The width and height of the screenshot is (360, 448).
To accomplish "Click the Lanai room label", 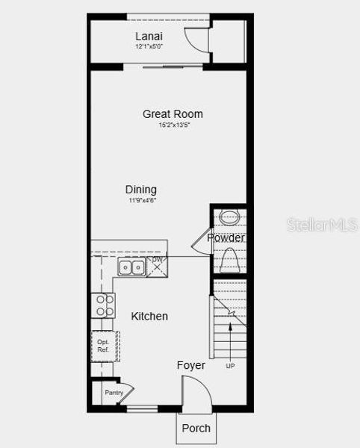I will pyautogui.click(x=149, y=36).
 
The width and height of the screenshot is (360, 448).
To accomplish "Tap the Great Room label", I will pyautogui.click(x=173, y=114).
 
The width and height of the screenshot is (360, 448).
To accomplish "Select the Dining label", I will pyautogui.click(x=140, y=190).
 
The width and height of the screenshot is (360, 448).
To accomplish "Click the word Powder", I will pyautogui.click(x=226, y=238).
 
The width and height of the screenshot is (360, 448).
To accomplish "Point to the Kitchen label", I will pyautogui.click(x=149, y=316).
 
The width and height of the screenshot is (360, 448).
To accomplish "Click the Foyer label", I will pyautogui.click(x=190, y=365).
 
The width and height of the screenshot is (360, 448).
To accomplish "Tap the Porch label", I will pyautogui.click(x=196, y=429).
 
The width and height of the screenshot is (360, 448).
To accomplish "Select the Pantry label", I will pyautogui.click(x=114, y=393).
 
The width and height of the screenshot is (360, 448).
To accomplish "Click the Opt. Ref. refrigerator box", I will pyautogui.click(x=103, y=346).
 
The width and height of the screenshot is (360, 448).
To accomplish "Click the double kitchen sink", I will pyautogui.click(x=131, y=267).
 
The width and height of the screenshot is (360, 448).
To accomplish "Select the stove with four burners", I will pyautogui.click(x=103, y=305).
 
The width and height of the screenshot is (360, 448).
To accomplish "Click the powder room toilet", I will pyautogui.click(x=229, y=261).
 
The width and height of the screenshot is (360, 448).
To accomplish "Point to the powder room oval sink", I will pyautogui.click(x=229, y=219).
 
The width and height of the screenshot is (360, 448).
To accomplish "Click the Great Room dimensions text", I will pyautogui.click(x=173, y=125).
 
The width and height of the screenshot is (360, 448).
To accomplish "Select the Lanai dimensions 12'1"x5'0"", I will pyautogui.click(x=149, y=46).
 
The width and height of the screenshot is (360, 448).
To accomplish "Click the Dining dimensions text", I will pyautogui.click(x=140, y=200).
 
